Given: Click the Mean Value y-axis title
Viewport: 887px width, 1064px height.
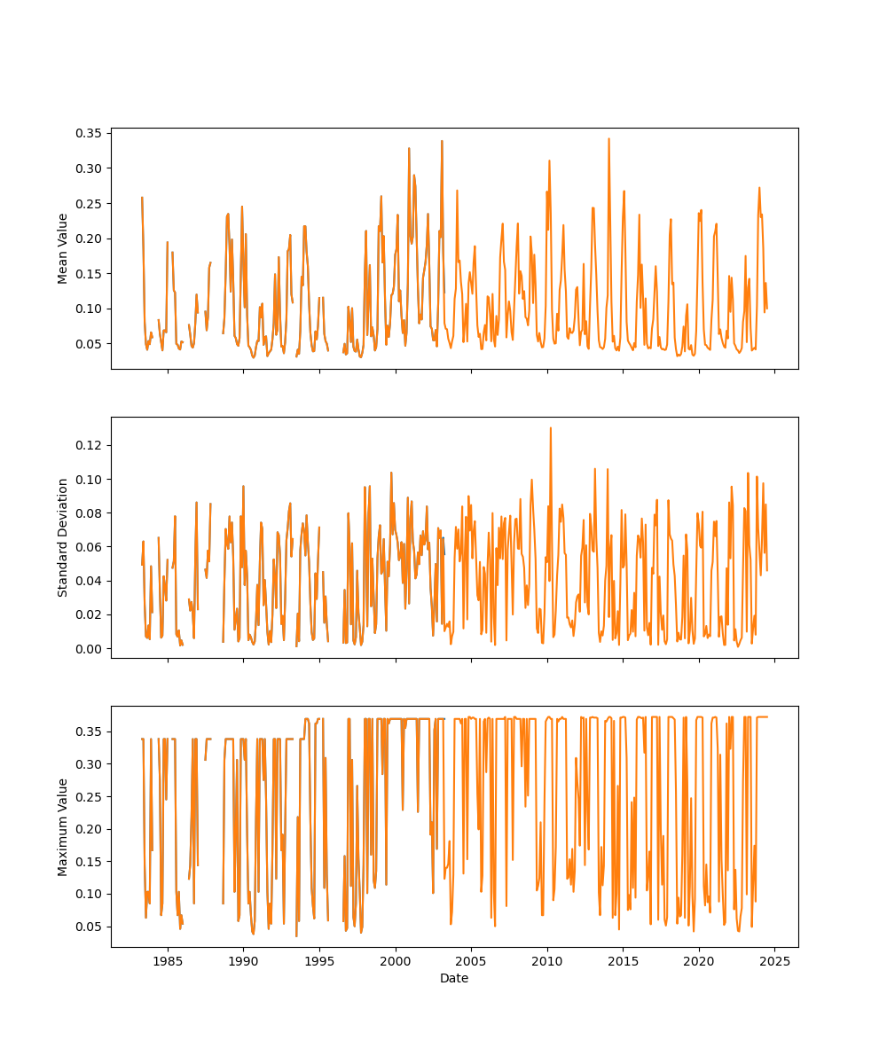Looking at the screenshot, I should click(x=63, y=248).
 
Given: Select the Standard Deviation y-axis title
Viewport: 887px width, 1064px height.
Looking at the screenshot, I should click(x=63, y=537).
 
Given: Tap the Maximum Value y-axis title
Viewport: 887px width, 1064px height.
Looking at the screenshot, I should click(x=63, y=826).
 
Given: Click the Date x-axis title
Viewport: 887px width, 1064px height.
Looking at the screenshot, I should click(x=454, y=978).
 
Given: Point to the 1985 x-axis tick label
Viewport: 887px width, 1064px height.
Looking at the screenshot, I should click(x=168, y=961).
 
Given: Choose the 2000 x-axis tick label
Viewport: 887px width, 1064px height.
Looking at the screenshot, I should click(x=396, y=961).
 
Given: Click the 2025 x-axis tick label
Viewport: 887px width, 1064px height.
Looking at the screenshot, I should click(x=775, y=961).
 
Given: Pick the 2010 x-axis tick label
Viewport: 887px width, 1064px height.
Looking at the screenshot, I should click(x=547, y=961).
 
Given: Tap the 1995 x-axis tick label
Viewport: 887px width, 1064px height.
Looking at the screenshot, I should click(x=319, y=961).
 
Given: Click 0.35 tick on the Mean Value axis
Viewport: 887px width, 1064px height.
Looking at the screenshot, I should click(x=92, y=133).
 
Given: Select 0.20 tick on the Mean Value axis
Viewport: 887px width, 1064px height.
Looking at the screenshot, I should click(x=92, y=239).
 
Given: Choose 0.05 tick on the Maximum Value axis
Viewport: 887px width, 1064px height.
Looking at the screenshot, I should click(x=92, y=927).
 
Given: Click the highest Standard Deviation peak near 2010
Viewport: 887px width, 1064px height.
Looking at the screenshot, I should click(x=550, y=427).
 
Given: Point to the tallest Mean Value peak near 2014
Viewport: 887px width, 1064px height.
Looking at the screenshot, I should click(x=608, y=138).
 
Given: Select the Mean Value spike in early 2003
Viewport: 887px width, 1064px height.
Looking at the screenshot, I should click(x=442, y=140).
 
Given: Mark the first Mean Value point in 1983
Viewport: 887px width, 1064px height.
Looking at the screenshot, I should click(x=142, y=197).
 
